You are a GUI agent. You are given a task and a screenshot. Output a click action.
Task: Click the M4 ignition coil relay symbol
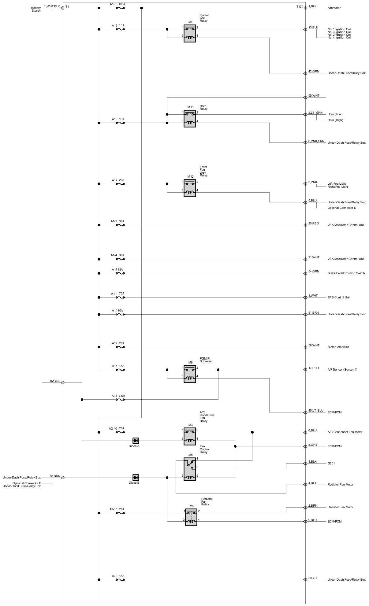(x=190, y=33)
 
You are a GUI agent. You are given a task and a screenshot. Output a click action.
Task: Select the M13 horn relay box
(x=190, y=118)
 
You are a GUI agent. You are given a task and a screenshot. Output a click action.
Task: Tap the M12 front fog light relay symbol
(x=190, y=188)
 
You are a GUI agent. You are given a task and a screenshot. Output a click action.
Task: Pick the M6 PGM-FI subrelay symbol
(x=190, y=374)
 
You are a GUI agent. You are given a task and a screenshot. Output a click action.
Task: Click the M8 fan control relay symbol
(x=190, y=469)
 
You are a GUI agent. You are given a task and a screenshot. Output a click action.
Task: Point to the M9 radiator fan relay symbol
(x=191, y=517)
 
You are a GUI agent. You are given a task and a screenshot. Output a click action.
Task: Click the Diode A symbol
(x=136, y=441)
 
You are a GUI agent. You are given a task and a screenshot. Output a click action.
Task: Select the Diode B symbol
(x=136, y=478)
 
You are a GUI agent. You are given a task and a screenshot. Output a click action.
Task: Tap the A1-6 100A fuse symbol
(x=120, y=8)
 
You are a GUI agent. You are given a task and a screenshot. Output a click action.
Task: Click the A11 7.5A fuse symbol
(x=120, y=400)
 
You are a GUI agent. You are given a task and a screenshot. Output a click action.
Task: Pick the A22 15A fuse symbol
(x=120, y=580)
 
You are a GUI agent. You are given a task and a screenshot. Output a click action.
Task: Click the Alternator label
(x=334, y=8)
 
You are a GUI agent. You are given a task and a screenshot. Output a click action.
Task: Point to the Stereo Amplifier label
(x=338, y=347)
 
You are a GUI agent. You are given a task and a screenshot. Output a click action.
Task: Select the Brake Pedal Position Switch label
(x=346, y=273)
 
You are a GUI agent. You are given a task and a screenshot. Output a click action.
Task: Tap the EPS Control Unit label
(x=339, y=297)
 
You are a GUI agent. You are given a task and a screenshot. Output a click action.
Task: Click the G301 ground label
(x=331, y=464)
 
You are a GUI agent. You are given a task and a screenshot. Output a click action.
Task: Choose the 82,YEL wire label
(x=55, y=381)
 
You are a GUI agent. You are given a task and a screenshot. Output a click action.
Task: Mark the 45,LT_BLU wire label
(x=316, y=411)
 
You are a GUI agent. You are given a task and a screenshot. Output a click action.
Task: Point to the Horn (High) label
(x=335, y=120)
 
